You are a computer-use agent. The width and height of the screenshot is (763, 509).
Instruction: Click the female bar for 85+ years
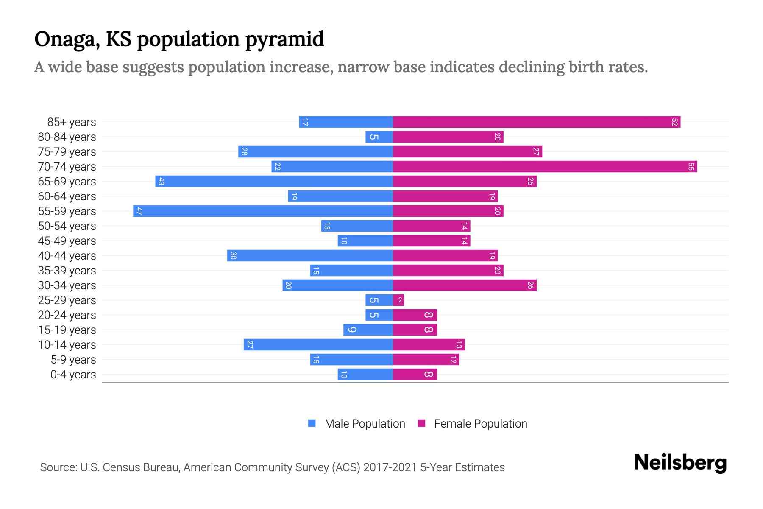coord(536,122)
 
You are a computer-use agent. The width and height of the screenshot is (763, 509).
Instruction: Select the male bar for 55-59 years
coord(263,211)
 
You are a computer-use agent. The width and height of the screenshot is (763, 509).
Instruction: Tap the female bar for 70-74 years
coord(545,167)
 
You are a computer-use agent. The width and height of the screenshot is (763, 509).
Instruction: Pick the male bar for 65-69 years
coord(274,182)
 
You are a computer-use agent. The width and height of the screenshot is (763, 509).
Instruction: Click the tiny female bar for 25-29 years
coord(398,300)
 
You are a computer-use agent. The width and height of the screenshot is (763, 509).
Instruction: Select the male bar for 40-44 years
coord(310,256)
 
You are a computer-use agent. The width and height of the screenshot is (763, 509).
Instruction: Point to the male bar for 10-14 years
coord(318,345)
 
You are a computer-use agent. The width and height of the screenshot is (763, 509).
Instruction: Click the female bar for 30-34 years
coord(465,285)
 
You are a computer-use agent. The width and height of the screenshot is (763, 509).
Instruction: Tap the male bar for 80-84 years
coord(379,137)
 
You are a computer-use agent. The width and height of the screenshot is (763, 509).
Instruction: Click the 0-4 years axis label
coord(73,375)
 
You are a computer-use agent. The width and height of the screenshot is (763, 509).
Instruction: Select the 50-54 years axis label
coord(67,226)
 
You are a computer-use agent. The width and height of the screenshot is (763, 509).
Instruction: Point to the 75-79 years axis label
coord(67,152)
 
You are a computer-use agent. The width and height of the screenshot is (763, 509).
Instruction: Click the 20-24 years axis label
coord(67,315)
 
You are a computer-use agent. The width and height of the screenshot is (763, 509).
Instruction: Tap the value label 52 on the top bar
coord(674,122)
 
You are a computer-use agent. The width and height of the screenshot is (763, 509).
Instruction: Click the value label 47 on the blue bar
coord(139,211)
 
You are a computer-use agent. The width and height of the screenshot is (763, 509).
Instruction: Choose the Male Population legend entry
coord(364,424)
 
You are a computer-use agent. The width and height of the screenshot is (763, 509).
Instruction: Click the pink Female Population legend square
coord(421,423)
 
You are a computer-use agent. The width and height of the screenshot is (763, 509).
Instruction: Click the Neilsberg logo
coord(680,463)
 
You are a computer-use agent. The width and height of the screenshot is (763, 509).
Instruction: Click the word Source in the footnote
coord(58,467)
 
